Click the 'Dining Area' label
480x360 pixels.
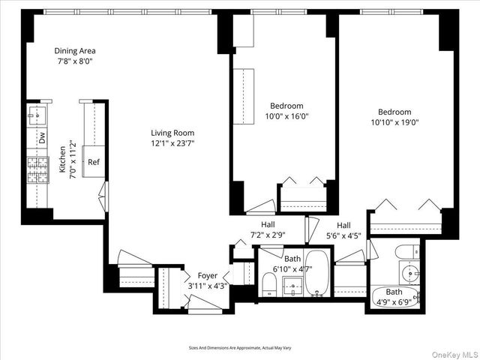pyautogui.click(x=74, y=51)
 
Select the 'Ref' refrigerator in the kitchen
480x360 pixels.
pyautogui.click(x=94, y=161)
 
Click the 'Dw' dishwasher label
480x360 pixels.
pyautogui.click(x=43, y=137)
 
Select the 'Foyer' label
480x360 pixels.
pyautogui.click(x=207, y=275)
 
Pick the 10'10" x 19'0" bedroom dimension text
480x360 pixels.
pyautogui.click(x=394, y=122)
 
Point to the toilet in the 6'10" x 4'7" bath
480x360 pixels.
pyautogui.click(x=268, y=283)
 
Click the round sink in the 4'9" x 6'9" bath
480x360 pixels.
pyautogui.click(x=410, y=271)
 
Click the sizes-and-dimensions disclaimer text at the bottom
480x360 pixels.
pyautogui.click(x=240, y=347)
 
